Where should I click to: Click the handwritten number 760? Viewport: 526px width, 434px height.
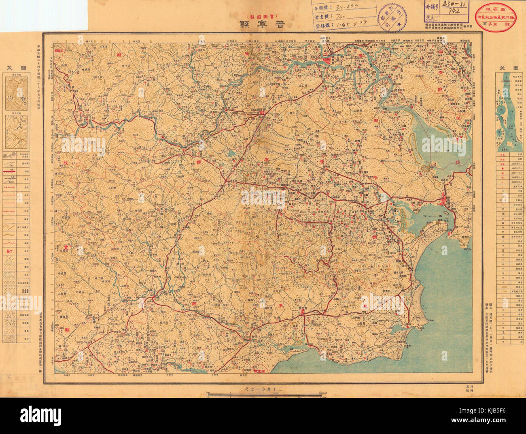(342, 16)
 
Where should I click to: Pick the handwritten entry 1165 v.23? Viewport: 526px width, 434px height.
(347, 25)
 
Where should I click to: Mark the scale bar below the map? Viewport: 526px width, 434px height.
(263, 395)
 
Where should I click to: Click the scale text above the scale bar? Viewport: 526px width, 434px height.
(263, 389)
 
